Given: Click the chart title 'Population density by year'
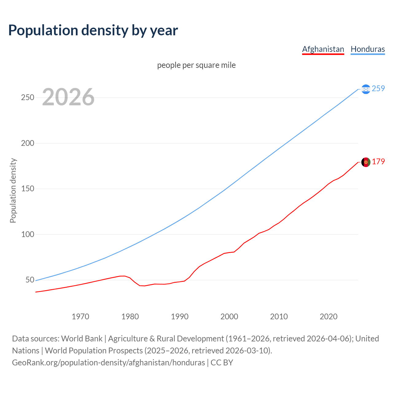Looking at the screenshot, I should (93, 30).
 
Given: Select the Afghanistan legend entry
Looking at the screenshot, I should (323, 49).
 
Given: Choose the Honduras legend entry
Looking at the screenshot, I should (368, 49).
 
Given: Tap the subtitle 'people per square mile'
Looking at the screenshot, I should (196, 65).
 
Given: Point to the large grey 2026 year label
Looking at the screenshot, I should (68, 97).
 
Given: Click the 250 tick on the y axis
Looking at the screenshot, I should (28, 98).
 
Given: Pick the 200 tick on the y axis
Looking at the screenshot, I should (28, 143).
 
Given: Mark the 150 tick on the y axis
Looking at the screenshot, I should (28, 189).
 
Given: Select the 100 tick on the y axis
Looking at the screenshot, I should (28, 235).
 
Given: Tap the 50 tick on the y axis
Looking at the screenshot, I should (30, 280).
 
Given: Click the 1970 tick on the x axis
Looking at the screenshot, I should (80, 317).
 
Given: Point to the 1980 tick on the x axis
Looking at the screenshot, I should (130, 317).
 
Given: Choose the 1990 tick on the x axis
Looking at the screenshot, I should (180, 317).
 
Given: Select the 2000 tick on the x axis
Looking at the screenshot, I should (229, 317).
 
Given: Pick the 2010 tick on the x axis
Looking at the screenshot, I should (279, 317).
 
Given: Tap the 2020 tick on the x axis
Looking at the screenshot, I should (329, 317).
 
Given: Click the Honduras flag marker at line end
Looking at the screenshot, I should (366, 89).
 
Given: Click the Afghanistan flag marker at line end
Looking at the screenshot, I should (366, 162).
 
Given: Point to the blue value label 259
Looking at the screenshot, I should (378, 89).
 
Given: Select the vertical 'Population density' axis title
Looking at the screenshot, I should (13, 190).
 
